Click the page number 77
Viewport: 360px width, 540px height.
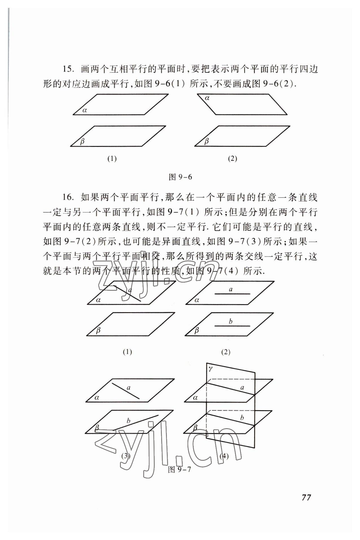click(306, 497)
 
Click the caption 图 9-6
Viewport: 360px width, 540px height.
click(180, 177)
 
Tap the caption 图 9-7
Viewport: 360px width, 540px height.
click(180, 470)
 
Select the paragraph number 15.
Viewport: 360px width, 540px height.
click(68, 69)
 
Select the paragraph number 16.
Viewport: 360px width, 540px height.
click(68, 197)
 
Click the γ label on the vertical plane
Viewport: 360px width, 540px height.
click(210, 369)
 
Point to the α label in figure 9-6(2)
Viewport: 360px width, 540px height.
click(207, 98)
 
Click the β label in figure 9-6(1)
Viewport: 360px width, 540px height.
click(82, 141)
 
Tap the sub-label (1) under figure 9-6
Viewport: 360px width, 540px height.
click(112, 159)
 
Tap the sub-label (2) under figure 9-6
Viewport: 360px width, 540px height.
click(232, 159)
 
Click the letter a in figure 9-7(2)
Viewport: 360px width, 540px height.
click(231, 289)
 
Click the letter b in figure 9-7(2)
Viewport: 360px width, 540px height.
click(231, 321)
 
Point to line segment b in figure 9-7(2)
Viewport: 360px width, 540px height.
click(232, 326)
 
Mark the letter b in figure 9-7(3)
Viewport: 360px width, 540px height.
click(128, 421)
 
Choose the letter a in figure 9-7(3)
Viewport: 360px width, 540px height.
click(129, 388)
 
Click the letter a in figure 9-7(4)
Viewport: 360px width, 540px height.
click(242, 388)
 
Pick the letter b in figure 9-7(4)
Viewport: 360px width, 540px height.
click(242, 417)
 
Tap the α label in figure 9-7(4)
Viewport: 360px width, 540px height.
click(195, 398)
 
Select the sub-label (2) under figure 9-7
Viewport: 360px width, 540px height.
click(226, 352)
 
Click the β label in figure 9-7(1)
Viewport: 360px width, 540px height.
click(98, 330)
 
